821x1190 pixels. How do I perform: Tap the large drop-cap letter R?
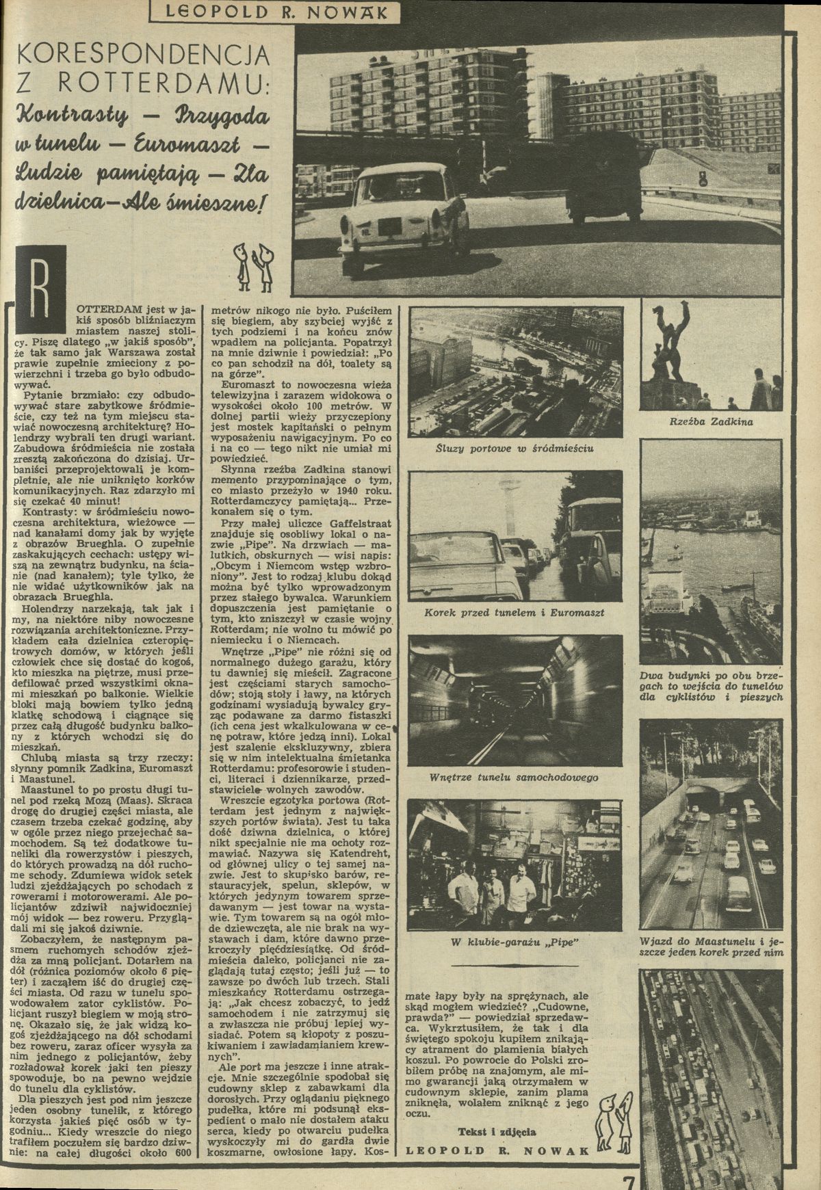(42, 282)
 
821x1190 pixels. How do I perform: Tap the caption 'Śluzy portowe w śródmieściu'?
(514, 449)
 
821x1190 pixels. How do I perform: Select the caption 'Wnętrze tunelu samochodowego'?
(514, 778)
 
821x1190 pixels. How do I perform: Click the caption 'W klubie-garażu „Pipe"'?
(514, 944)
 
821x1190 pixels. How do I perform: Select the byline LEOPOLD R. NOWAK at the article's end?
(498, 1150)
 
